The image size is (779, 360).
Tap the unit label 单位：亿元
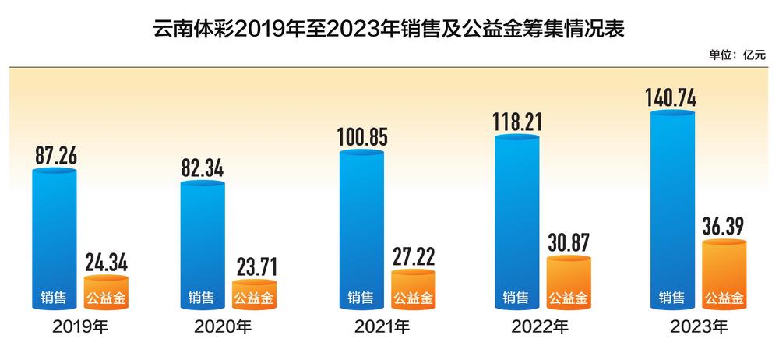737,55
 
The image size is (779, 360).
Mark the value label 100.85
361,136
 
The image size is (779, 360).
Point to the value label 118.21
517,121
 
